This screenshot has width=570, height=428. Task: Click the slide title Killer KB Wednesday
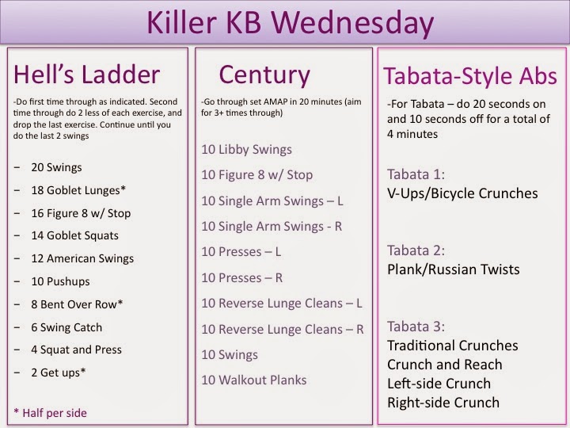tap(285, 21)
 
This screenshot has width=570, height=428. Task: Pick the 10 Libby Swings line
tap(247, 149)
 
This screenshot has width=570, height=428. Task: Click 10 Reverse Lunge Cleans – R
tap(283, 329)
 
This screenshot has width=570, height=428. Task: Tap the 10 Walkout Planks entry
tap(254, 380)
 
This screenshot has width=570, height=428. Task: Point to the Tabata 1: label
tap(416, 174)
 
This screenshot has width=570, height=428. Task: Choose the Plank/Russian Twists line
tap(454, 269)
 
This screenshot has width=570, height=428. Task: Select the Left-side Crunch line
tap(439, 384)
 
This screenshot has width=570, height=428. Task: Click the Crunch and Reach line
tap(444, 365)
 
